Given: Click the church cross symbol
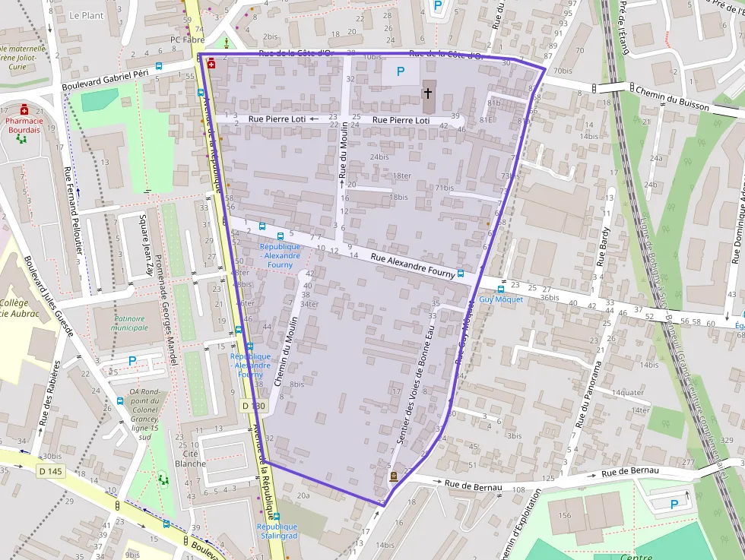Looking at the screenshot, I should (427, 93).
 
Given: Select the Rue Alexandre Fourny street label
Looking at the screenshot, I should (413, 264).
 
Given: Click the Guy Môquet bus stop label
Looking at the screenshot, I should (501, 299).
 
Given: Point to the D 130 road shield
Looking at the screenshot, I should (255, 407).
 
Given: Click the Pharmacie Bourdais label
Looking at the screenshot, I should (24, 125).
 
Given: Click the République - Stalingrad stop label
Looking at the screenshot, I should (277, 531).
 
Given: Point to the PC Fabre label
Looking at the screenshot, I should (188, 40).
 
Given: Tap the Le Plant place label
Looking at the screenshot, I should (86, 15).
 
